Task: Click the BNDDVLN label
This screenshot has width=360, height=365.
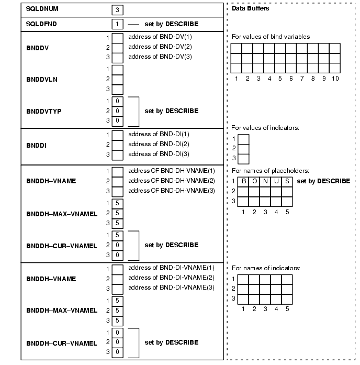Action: [x=41, y=79]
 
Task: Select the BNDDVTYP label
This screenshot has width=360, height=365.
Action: [x=43, y=111]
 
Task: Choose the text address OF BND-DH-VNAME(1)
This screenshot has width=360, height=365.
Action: [x=171, y=171]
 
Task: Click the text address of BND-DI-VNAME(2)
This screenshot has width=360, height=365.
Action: [x=171, y=277]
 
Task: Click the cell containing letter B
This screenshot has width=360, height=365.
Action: [x=243, y=181]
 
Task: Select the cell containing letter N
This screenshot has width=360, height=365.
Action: [x=265, y=181]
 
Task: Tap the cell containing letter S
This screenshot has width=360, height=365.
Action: [x=287, y=181]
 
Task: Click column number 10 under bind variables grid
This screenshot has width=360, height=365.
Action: [x=334, y=79]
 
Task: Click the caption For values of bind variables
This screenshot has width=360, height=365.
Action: [x=270, y=37]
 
